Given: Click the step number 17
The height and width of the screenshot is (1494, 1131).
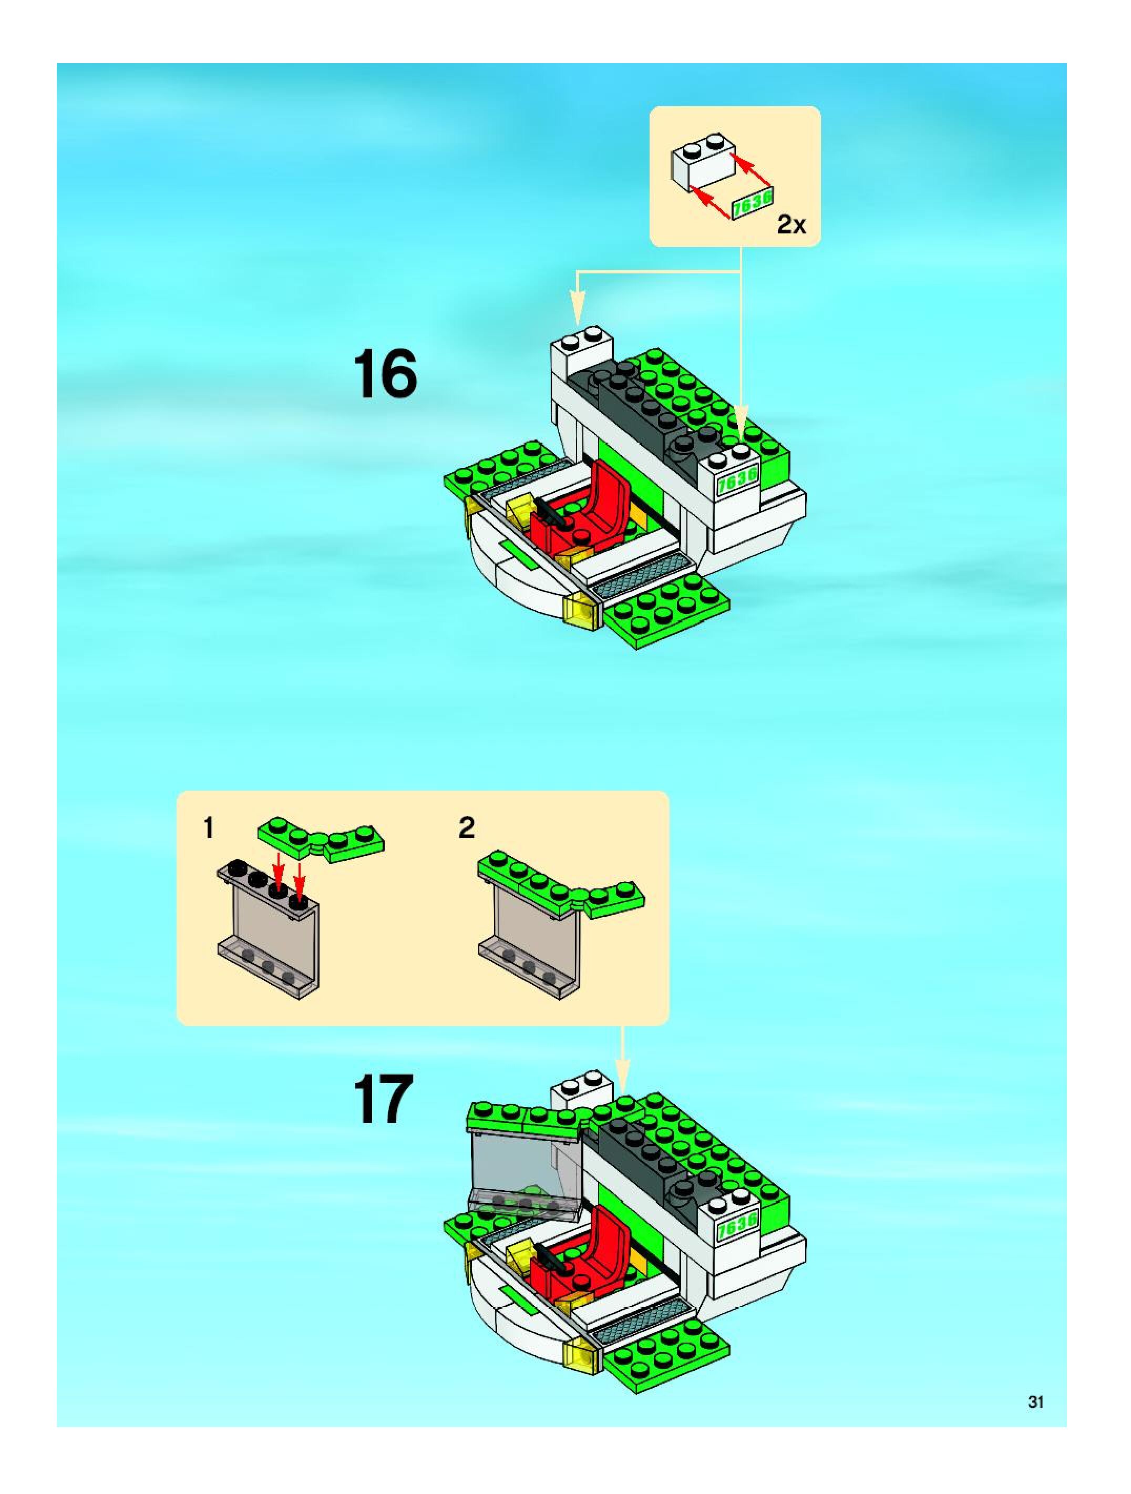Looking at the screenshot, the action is (383, 1099).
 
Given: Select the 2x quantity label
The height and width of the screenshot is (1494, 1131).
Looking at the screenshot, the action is (791, 224).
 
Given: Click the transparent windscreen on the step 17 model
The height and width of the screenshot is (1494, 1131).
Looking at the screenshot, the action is (523, 1172).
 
